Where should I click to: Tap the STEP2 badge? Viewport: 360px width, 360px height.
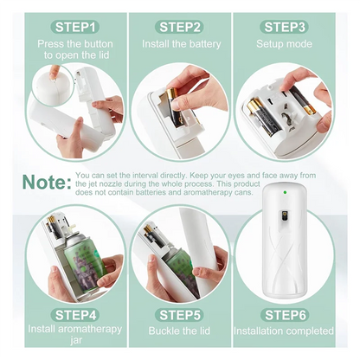click(180, 27)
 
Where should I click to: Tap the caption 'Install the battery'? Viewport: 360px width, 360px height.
click(180, 44)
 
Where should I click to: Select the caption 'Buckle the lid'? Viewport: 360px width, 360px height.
click(180, 331)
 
